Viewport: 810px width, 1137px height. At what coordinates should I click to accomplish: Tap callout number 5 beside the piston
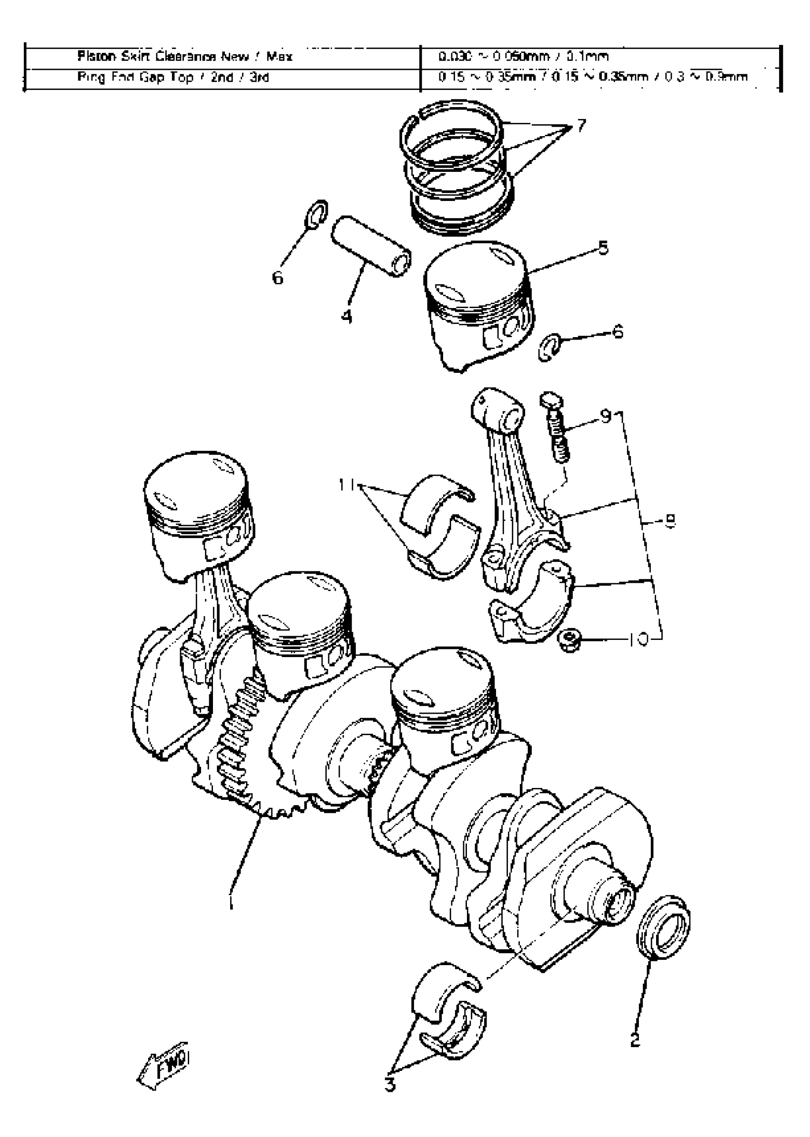click(x=604, y=248)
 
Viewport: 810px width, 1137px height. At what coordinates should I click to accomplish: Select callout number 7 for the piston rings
click(x=581, y=126)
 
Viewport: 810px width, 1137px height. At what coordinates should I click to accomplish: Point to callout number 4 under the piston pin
click(x=347, y=316)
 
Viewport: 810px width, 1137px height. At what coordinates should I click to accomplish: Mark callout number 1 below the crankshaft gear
click(x=231, y=900)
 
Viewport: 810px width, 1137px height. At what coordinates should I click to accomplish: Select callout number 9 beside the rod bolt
click(x=606, y=415)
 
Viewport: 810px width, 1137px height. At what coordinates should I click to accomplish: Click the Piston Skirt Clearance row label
click(x=184, y=56)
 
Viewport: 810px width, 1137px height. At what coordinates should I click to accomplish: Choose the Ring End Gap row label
click(x=172, y=77)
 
